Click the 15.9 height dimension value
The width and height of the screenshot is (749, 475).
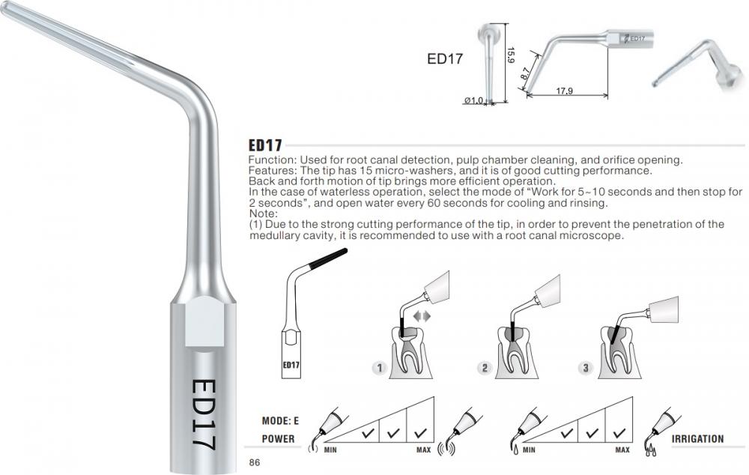[510, 55]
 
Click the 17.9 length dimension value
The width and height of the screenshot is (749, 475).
[564, 91]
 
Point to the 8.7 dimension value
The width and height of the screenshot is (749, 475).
[525, 73]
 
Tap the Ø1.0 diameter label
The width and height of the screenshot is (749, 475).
[473, 100]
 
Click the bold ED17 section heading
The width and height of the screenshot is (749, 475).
[265, 145]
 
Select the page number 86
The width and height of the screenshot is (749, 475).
[255, 462]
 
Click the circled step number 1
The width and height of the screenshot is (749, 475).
[380, 368]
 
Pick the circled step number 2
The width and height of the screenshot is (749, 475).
[485, 368]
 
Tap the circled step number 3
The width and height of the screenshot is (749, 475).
[585, 368]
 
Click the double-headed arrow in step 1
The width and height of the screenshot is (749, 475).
[422, 316]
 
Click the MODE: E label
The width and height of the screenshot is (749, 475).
[280, 421]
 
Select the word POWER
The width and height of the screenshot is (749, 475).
[278, 439]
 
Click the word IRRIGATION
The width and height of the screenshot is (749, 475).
[697, 439]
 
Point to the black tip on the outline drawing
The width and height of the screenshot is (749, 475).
[328, 258]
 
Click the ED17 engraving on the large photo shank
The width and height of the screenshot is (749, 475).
[202, 414]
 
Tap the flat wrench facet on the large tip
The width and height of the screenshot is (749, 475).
[204, 321]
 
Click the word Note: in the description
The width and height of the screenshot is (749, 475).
[263, 214]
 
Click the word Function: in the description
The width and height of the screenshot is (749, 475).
[273, 160]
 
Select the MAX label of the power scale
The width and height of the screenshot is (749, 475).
[423, 450]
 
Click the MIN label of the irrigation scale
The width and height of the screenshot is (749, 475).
[529, 450]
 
